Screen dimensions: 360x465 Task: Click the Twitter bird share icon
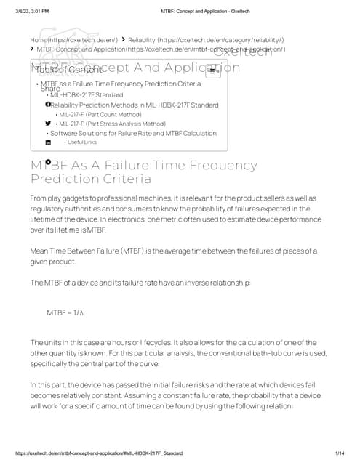tap(48, 124)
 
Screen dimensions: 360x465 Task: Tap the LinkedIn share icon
tap(48, 142)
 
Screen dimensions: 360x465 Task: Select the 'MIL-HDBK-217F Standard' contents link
tap(87, 95)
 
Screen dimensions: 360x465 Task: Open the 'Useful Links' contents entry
tap(81, 142)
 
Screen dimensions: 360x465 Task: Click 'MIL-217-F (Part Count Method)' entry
tap(100, 114)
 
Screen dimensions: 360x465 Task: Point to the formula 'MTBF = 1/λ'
tap(65, 312)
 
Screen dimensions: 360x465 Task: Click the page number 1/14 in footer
tap(339, 453)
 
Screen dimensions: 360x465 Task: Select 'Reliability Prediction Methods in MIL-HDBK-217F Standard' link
tap(134, 105)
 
